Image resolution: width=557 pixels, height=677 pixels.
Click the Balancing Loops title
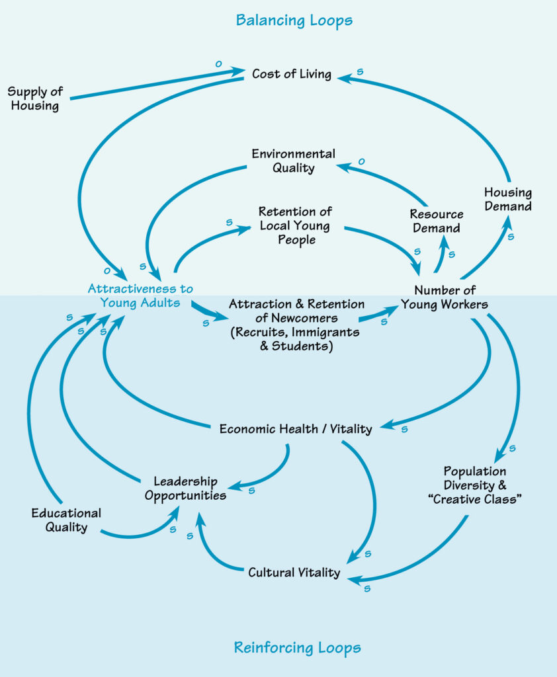(294, 20)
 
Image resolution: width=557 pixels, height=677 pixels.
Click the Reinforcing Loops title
(297, 647)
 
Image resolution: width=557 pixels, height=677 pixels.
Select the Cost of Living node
(291, 73)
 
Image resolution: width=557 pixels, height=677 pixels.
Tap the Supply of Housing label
(34, 98)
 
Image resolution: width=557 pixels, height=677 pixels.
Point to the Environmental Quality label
(293, 161)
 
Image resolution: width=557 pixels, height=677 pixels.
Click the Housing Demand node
(507, 199)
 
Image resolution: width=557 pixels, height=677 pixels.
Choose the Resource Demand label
(436, 221)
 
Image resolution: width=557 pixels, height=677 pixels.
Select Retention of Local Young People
(295, 225)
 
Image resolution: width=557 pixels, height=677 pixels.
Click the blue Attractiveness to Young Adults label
(140, 296)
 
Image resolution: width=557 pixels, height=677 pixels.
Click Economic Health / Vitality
(296, 428)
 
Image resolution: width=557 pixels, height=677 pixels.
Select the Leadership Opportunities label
(185, 488)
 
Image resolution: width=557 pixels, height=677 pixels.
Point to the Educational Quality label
(66, 520)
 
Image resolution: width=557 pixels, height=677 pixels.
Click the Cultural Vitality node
(294, 572)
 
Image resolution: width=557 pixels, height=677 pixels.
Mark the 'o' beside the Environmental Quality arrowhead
(361, 161)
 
